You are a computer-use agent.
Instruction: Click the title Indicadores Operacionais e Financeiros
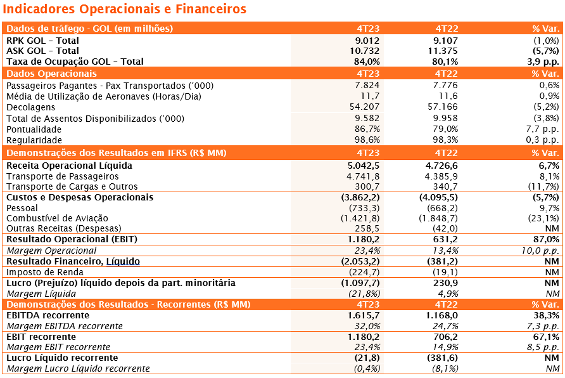click(x=124, y=9)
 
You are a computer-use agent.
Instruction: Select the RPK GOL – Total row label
click(x=42, y=41)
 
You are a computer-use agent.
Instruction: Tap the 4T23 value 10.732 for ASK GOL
click(x=364, y=51)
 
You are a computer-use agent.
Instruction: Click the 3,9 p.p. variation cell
click(x=543, y=62)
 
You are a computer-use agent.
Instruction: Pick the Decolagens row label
click(x=31, y=107)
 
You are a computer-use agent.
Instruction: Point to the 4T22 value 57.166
click(x=443, y=107)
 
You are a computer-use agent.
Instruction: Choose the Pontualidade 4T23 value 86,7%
click(x=367, y=129)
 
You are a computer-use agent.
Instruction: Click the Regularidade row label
click(x=34, y=140)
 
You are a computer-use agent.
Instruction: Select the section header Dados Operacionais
click(x=51, y=74)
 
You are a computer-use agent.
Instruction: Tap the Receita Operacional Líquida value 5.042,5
click(x=364, y=166)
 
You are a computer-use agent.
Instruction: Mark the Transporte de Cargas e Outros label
click(x=72, y=186)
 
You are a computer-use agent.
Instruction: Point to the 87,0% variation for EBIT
click(x=546, y=239)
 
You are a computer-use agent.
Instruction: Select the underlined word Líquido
click(x=123, y=261)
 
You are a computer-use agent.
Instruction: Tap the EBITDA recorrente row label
click(x=48, y=315)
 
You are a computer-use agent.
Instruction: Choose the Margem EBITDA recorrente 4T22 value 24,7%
click(x=445, y=326)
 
